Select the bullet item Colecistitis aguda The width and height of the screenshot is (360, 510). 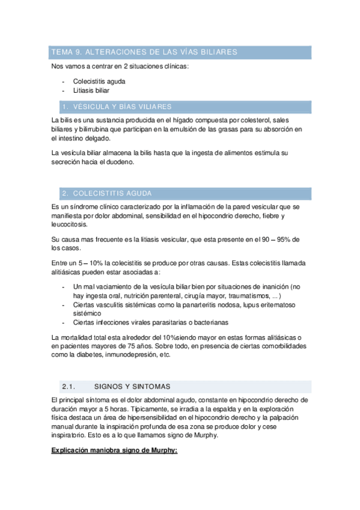tap(99, 81)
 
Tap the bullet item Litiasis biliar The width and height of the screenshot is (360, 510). tap(91, 90)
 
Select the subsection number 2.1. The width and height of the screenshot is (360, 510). tap(67, 386)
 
